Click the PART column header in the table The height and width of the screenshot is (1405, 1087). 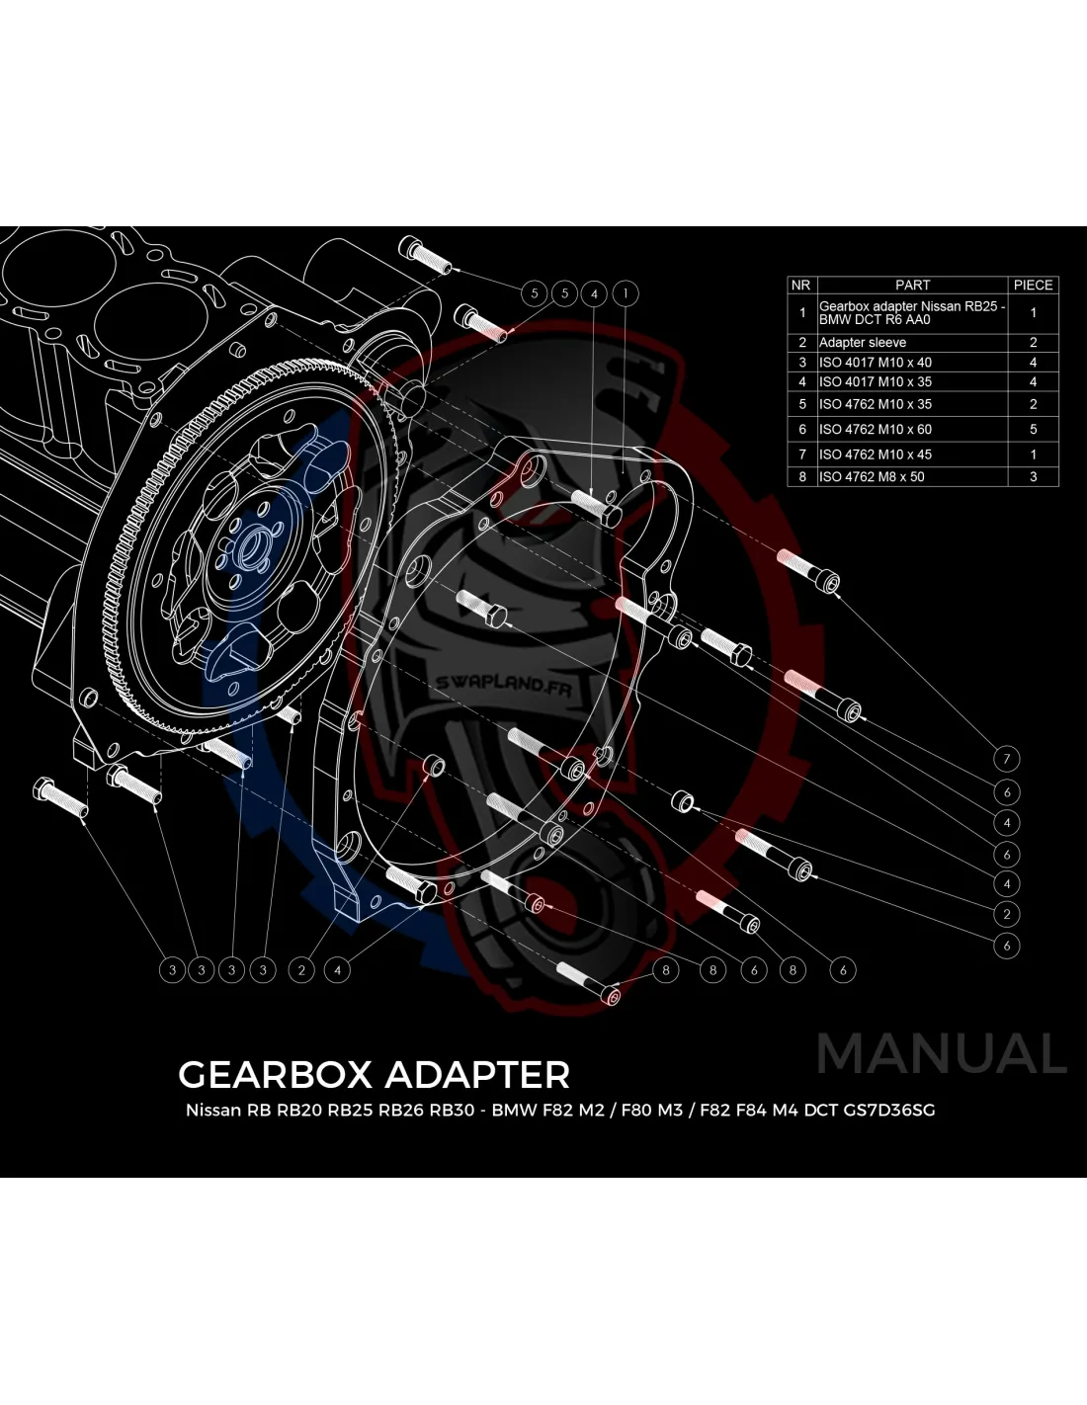pos(912,285)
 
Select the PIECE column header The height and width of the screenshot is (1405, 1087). pos(1033,285)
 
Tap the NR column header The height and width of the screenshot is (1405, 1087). pos(800,285)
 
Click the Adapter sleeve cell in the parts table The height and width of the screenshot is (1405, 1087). pos(863,342)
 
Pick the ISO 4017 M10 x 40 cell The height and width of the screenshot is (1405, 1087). pos(876,362)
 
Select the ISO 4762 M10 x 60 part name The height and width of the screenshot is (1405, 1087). pos(876,429)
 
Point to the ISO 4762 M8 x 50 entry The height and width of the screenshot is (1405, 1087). pos(872,476)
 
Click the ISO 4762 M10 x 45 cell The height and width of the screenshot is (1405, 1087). pos(876,455)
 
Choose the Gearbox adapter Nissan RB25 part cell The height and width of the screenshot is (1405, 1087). pos(911,312)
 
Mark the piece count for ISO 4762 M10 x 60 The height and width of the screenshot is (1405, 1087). pos(1033,429)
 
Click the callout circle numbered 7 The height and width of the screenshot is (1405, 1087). pos(1006,759)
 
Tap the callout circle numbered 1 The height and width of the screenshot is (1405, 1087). pos(626,292)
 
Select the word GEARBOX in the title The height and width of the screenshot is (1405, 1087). pos(273,1074)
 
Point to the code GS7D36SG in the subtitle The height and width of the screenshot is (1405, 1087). pos(888,1110)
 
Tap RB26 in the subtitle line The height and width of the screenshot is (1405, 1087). pos(400,1110)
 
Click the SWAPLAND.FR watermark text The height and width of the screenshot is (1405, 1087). pos(505,683)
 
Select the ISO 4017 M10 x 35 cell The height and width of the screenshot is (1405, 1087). pos(876,381)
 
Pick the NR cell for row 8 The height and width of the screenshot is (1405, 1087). pos(802,476)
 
